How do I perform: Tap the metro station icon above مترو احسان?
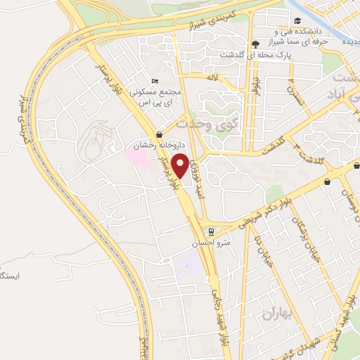pyautogui.click(x=208, y=232)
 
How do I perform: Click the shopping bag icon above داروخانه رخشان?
pyautogui.click(x=160, y=134)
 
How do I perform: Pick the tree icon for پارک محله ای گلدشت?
pyautogui.click(x=255, y=44)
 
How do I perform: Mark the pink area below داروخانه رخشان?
pyautogui.click(x=139, y=157)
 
